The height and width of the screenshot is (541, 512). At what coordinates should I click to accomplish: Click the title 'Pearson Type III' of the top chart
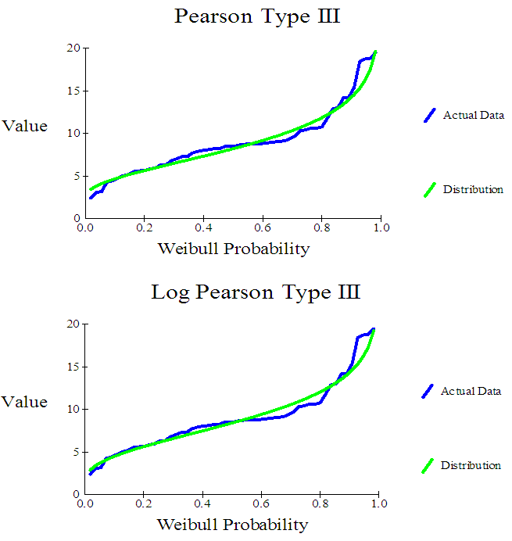[x=257, y=16]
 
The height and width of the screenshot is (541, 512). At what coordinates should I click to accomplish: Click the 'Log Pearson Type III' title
[x=256, y=292]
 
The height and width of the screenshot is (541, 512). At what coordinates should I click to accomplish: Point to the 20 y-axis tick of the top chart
[x=73, y=48]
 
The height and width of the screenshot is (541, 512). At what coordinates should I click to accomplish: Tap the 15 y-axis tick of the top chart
[x=73, y=91]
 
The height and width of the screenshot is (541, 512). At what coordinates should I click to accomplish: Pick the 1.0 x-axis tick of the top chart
[x=381, y=228]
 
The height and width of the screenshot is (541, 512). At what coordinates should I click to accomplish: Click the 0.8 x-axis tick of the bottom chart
[x=320, y=503]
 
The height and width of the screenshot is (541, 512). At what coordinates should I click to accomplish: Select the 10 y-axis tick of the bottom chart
[x=73, y=409]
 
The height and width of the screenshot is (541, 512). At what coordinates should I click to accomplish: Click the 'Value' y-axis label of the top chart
[x=25, y=126]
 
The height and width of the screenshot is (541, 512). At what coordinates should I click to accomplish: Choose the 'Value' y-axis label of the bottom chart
[x=25, y=402]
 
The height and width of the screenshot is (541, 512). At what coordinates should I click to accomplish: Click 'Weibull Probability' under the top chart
[x=234, y=249]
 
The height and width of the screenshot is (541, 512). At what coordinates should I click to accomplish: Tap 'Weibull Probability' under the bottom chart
[x=233, y=525]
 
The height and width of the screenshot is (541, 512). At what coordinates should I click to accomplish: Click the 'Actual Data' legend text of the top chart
[x=474, y=115]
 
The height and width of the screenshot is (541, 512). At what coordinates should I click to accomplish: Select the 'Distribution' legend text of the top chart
[x=473, y=189]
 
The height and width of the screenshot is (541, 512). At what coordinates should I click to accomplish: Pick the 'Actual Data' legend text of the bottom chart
[x=471, y=391]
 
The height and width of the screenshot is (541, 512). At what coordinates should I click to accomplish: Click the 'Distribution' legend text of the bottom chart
[x=471, y=465]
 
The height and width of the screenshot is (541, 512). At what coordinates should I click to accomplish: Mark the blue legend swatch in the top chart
[x=429, y=115]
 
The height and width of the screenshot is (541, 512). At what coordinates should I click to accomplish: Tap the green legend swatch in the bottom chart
[x=428, y=465]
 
